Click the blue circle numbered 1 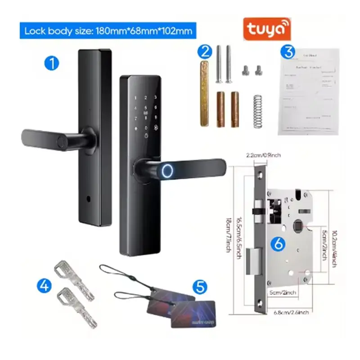pos(52,63)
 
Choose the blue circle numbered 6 pos(279,244)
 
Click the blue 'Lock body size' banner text pos(108,31)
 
